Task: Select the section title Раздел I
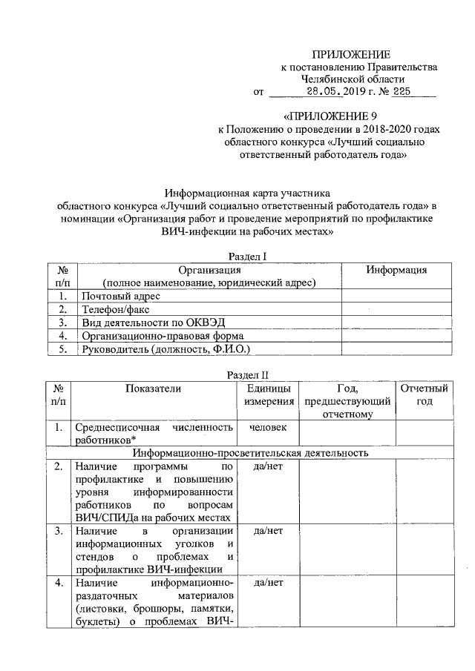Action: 246,256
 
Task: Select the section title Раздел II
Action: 246,374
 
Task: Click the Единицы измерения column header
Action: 265,394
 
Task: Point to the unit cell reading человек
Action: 265,427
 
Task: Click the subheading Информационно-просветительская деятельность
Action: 250,452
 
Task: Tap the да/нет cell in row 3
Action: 265,531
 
